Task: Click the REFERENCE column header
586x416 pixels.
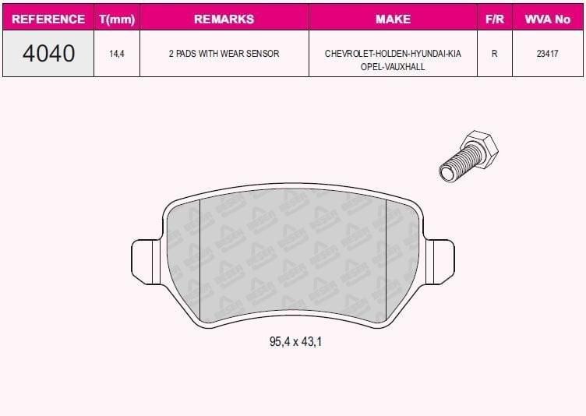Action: click(48, 19)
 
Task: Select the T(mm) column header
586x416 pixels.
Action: click(117, 19)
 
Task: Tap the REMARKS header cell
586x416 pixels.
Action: click(224, 19)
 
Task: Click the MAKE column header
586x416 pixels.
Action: click(393, 19)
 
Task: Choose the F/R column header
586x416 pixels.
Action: click(494, 19)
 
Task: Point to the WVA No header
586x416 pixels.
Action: click(548, 19)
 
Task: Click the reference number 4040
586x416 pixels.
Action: click(48, 53)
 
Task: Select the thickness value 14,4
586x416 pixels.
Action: click(117, 54)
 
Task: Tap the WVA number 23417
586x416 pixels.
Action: click(548, 54)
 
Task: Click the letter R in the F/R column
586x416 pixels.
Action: click(494, 54)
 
